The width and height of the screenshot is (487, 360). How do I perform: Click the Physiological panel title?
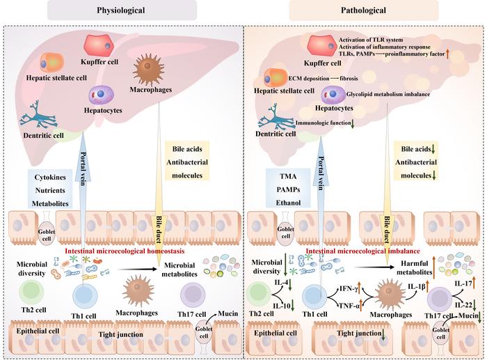[121, 10]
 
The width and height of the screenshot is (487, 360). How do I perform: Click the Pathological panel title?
[363, 10]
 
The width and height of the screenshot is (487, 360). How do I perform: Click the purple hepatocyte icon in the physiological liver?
[102, 95]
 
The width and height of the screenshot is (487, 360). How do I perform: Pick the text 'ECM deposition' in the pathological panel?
[309, 79]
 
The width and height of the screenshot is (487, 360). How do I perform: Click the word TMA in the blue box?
[288, 176]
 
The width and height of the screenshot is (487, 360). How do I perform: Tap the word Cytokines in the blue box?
[50, 177]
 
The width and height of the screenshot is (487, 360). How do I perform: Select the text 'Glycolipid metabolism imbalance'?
[388, 94]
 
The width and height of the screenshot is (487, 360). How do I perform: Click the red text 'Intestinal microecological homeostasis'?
[125, 251]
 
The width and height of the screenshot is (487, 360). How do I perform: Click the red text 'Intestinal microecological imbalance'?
[362, 251]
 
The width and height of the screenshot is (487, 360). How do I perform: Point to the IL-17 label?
[463, 283]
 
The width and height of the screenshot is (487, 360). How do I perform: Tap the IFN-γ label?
[348, 288]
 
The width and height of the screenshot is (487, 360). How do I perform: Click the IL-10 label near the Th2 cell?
[282, 306]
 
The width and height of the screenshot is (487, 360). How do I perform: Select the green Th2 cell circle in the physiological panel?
[32, 292]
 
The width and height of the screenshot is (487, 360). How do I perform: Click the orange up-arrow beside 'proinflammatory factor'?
[447, 54]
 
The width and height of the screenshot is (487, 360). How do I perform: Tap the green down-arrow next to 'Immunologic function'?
[353, 123]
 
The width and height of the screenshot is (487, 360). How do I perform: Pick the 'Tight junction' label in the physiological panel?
[121, 334]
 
